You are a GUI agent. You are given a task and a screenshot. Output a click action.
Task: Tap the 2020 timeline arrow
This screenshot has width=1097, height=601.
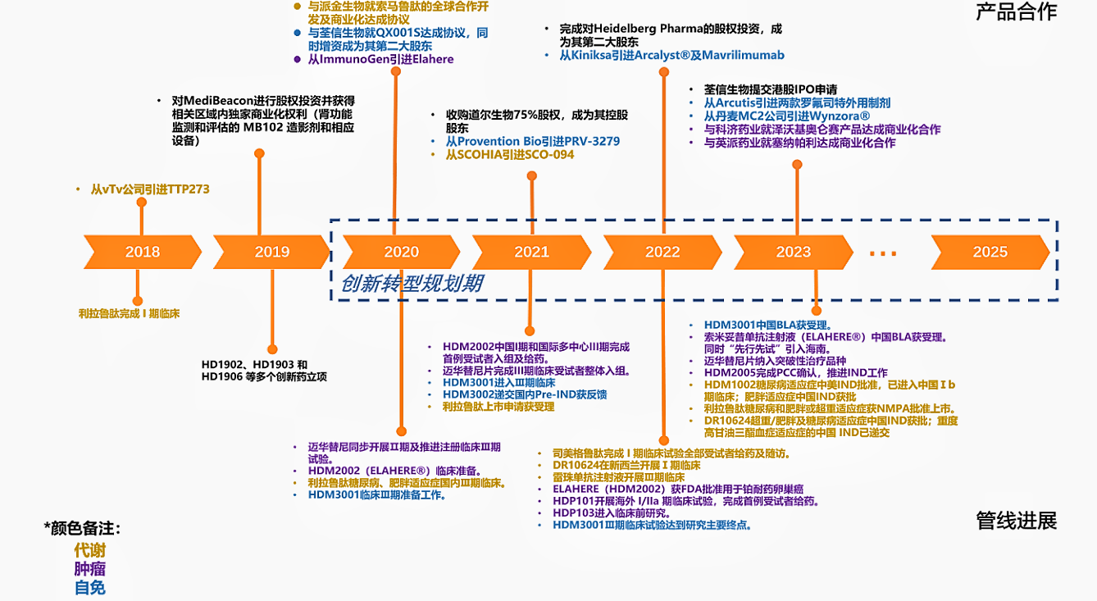coord(401,252)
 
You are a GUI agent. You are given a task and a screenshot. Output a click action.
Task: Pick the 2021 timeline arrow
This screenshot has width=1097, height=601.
coord(531,252)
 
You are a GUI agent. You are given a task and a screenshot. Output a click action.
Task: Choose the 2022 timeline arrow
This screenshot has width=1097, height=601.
coord(662,252)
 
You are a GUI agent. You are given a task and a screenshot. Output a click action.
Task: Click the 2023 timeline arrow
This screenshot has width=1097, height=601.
coord(793,252)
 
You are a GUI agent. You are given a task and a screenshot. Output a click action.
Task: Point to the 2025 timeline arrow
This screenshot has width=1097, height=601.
coord(990,252)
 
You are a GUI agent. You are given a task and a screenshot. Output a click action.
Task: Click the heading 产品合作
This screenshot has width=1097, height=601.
coord(1016,11)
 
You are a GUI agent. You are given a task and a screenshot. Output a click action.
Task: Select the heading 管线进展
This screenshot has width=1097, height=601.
coord(1016,521)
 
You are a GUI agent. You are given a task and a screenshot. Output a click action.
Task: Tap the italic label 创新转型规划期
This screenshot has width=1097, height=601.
coord(412,284)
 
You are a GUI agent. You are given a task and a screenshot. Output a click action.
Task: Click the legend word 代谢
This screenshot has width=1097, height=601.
coord(89,550)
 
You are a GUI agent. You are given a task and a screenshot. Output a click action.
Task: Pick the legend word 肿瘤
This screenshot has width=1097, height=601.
coord(89,569)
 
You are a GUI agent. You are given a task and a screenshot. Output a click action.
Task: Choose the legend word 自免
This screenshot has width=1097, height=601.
coord(89,587)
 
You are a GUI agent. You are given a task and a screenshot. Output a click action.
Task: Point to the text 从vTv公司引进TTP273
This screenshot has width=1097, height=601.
coord(150,189)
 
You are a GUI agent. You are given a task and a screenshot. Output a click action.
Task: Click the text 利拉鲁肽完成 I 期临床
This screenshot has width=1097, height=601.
coord(129,313)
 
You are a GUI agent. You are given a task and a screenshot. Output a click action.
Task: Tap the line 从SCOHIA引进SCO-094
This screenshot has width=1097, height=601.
coord(509,154)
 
